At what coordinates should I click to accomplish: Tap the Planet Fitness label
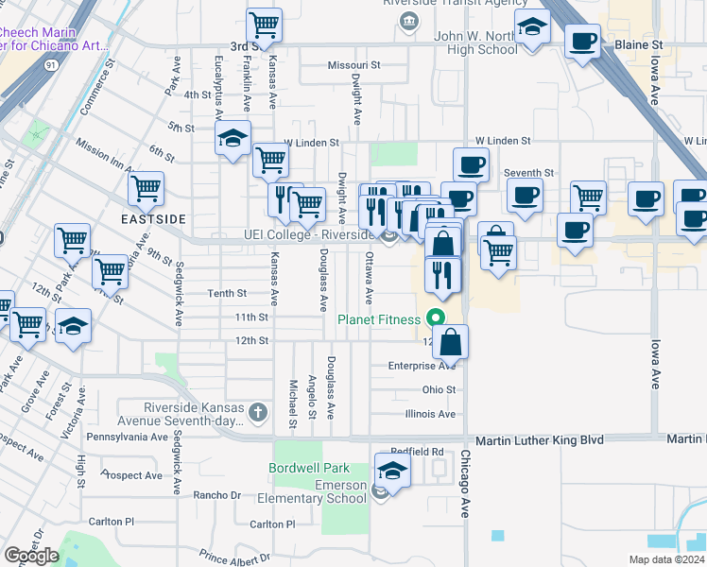[378, 319]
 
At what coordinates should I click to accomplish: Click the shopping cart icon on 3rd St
[265, 25]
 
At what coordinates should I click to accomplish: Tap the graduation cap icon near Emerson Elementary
[392, 471]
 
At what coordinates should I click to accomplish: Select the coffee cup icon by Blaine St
[582, 42]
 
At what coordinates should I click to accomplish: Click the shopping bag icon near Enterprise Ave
[452, 342]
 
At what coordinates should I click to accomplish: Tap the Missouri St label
[353, 65]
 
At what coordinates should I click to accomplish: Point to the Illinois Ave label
[430, 414]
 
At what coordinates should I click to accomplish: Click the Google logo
[31, 555]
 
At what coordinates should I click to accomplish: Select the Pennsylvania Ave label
[127, 438]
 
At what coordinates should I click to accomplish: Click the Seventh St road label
[529, 173]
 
